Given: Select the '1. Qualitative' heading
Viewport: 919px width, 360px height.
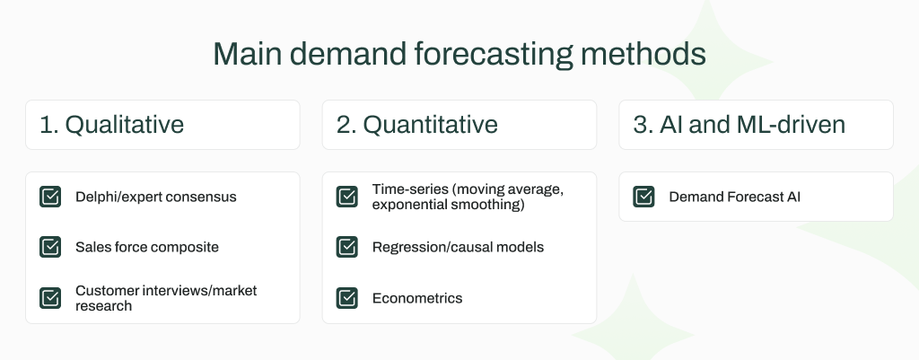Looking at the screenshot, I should click(111, 125).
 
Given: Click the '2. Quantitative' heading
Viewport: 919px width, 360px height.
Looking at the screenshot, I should click(417, 125).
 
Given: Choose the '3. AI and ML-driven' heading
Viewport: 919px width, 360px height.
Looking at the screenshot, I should click(740, 125).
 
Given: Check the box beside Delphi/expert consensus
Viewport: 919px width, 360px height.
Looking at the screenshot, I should click(50, 197).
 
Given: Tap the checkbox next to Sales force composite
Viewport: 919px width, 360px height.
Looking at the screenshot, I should click(50, 247).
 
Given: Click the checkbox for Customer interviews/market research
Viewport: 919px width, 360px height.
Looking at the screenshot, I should click(50, 297).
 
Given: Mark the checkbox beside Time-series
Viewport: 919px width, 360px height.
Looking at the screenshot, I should click(347, 197).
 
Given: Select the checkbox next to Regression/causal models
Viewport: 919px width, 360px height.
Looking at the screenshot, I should click(347, 247).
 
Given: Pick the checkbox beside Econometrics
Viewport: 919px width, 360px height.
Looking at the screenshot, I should click(347, 297).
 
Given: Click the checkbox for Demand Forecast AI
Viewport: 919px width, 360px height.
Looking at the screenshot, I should click(644, 197).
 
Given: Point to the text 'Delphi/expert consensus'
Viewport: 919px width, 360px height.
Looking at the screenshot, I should click(156, 197).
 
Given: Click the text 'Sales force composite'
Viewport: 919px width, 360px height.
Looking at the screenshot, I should click(147, 247).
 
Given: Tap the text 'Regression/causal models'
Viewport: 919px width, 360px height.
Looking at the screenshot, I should click(458, 247).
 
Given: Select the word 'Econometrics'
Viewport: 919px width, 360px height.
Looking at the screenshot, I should click(417, 297).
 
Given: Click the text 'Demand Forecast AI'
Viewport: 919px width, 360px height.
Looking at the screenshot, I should click(735, 197).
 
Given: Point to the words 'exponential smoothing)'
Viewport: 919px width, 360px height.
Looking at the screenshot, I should click(448, 205).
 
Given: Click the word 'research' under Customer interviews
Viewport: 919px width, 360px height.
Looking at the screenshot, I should click(103, 305).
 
